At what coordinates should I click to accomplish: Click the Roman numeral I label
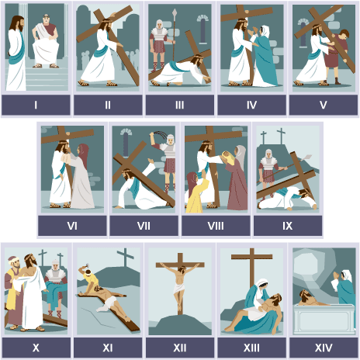(x=36, y=105)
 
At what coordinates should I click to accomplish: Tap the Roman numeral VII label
(x=144, y=226)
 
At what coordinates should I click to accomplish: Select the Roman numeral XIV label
(x=324, y=348)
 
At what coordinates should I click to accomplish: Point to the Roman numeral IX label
(x=288, y=226)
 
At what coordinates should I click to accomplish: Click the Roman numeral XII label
(x=180, y=348)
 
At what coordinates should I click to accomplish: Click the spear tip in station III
(x=175, y=12)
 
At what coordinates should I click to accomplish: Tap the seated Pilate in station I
(x=46, y=41)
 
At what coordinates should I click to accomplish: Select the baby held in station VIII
(x=227, y=156)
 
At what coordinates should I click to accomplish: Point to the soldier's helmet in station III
(x=159, y=24)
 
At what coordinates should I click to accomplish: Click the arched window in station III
(x=202, y=29)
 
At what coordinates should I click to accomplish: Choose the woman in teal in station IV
(x=263, y=57)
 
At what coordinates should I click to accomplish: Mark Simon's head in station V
(x=344, y=35)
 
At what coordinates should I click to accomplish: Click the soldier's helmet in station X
(x=55, y=265)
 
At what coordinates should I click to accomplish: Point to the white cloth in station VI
(x=66, y=157)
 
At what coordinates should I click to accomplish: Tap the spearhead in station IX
(x=307, y=157)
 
